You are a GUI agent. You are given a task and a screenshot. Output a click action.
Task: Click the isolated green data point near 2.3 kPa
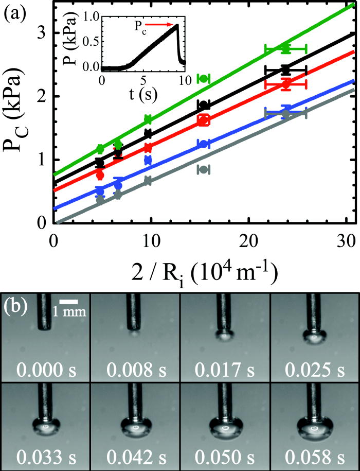pos(204,78)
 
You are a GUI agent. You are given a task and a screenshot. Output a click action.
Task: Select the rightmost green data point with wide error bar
pos(286,48)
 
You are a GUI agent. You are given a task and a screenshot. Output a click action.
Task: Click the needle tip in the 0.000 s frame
pos(45,328)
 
